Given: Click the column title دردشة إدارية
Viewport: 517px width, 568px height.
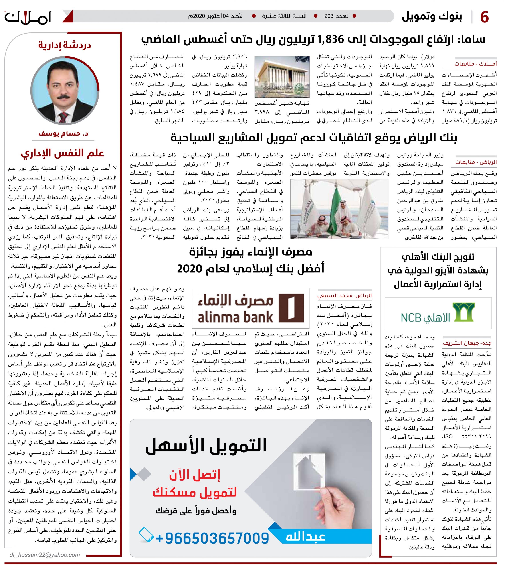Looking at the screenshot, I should click(x=65, y=45).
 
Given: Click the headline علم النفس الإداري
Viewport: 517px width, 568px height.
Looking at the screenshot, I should click(x=62, y=153).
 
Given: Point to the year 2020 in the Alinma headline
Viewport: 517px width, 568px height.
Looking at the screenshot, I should click(x=189, y=269).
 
